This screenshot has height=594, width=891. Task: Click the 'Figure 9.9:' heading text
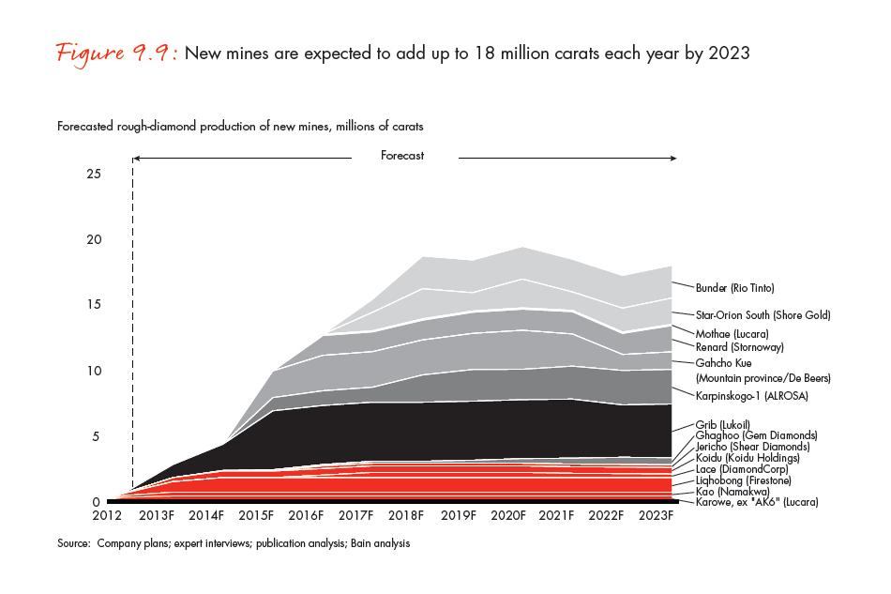click(x=117, y=53)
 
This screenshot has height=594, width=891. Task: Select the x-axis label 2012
click(x=107, y=516)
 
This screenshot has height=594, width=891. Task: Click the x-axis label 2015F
click(x=256, y=516)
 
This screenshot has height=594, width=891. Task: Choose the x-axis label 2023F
click(x=657, y=516)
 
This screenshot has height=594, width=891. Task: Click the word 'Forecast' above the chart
click(x=402, y=156)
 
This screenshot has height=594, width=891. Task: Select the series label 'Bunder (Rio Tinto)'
click(x=734, y=287)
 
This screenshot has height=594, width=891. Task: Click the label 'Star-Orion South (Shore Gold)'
click(x=763, y=315)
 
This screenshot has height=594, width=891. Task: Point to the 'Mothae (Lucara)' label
click(x=732, y=333)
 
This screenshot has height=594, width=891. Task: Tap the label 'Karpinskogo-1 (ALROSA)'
click(x=751, y=397)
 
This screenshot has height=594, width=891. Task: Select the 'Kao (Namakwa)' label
click(x=729, y=492)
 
